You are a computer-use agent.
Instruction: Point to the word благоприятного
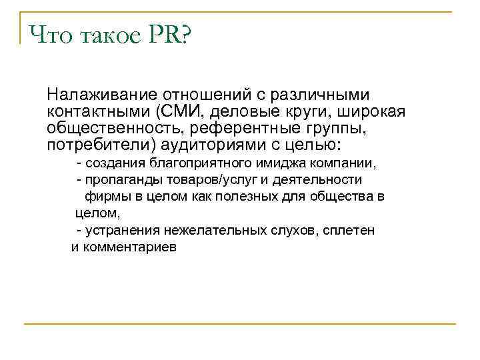point(193,163)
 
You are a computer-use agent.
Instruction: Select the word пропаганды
point(114,180)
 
